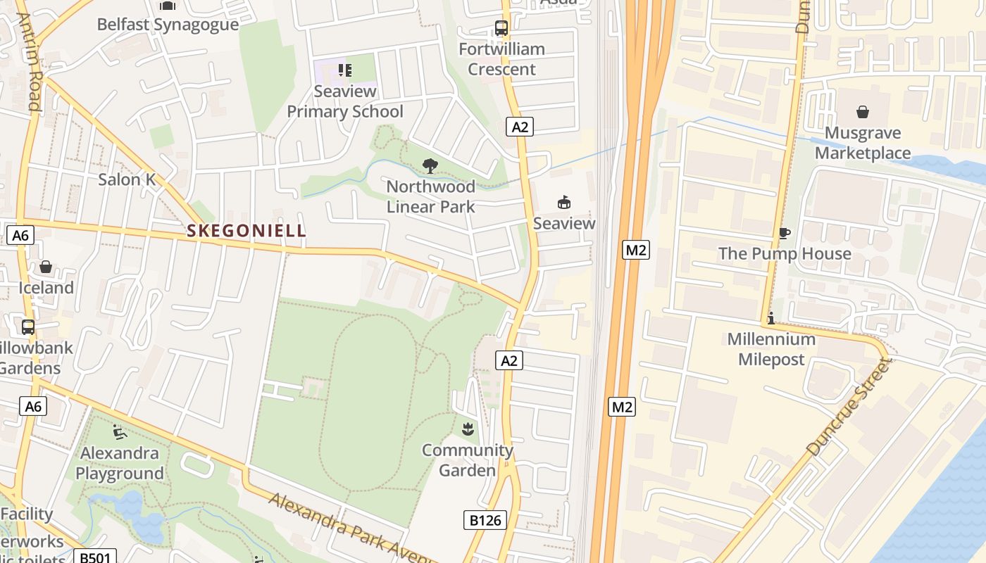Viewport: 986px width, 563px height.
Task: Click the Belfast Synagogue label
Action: pyautogui.click(x=168, y=25)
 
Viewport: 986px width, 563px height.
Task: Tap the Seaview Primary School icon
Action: pyautogui.click(x=344, y=70)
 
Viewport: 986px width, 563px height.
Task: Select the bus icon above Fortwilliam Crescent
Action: pyautogui.click(x=501, y=29)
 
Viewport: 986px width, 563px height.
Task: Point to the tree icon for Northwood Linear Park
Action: pyautogui.click(x=430, y=166)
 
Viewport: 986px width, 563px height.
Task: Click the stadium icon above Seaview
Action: pyautogui.click(x=563, y=203)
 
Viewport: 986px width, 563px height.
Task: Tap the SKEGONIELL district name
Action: pyautogui.click(x=246, y=230)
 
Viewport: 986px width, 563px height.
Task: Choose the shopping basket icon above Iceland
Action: pyautogui.click(x=46, y=267)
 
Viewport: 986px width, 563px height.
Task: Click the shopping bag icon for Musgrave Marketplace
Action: pyautogui.click(x=862, y=112)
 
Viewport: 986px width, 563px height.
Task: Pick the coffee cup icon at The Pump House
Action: pyautogui.click(x=785, y=234)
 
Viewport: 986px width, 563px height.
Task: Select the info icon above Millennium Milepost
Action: pyautogui.click(x=770, y=318)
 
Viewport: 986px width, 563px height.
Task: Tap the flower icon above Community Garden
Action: pyautogui.click(x=467, y=429)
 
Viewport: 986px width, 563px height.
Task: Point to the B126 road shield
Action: pyautogui.click(x=485, y=520)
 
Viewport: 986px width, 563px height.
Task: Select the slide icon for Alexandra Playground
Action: pyautogui.click(x=119, y=431)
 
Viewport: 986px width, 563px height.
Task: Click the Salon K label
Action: pyautogui.click(x=127, y=179)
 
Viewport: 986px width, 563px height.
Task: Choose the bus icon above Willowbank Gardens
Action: pyautogui.click(x=28, y=327)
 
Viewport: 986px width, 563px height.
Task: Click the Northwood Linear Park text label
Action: pyautogui.click(x=430, y=196)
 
